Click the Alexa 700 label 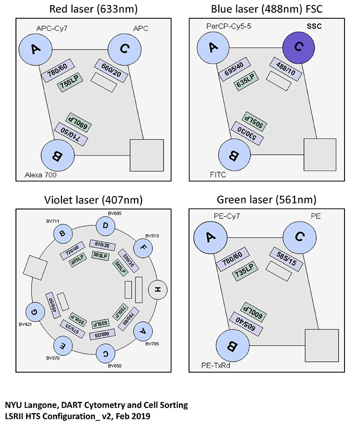[38, 175]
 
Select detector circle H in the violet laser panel [158, 290]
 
